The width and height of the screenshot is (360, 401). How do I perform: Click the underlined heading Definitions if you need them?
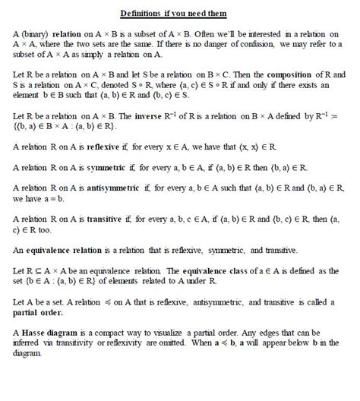click(179, 14)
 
